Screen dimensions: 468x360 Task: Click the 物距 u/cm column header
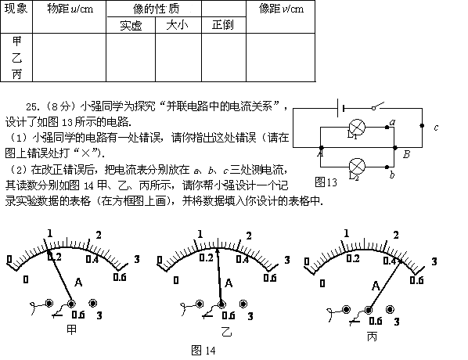pyautogui.click(x=70, y=9)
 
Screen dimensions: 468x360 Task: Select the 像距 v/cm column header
pyautogui.click(x=281, y=9)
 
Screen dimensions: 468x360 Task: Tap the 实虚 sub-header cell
pyautogui.click(x=131, y=25)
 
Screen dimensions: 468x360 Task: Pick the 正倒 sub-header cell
pyautogui.click(x=223, y=25)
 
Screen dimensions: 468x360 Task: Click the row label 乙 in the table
pyautogui.click(x=16, y=57)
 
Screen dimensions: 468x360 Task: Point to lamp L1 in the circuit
pyautogui.click(x=357, y=128)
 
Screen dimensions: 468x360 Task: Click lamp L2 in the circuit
pyautogui.click(x=357, y=166)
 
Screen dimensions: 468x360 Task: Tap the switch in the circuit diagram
pyautogui.click(x=377, y=106)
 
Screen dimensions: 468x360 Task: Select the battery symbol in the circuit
pyautogui.click(x=340, y=108)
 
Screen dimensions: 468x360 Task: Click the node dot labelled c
pyautogui.click(x=422, y=126)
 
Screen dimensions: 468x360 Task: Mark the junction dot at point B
pyautogui.click(x=395, y=147)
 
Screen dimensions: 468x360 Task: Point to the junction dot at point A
pyautogui.click(x=321, y=147)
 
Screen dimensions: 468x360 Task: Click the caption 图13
pyautogui.click(x=326, y=182)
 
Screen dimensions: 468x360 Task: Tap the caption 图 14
pyautogui.click(x=203, y=350)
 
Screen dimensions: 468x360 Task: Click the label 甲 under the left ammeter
pyautogui.click(x=71, y=329)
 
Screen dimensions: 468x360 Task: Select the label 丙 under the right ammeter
pyautogui.click(x=372, y=337)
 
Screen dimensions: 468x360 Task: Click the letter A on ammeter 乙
pyautogui.click(x=229, y=283)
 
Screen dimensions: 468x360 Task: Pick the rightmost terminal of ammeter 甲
pyautogui.click(x=93, y=304)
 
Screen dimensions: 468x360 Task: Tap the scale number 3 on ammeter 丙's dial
pyautogui.click(x=434, y=261)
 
